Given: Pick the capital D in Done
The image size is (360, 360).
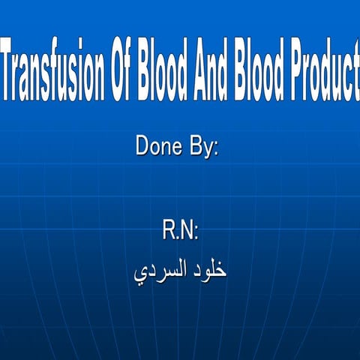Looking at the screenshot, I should click(142, 145).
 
